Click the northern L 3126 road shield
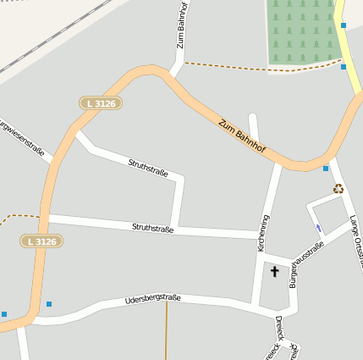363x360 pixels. point(101,103)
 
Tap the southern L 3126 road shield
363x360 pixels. point(41,241)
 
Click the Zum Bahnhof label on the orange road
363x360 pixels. point(242,136)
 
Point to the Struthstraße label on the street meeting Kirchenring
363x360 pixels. point(153,228)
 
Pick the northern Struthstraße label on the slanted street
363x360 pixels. point(148,167)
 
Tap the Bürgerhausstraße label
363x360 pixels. point(306,265)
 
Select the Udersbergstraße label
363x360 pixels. point(153,299)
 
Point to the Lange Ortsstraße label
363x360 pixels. point(356,241)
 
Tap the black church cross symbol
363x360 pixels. point(274,271)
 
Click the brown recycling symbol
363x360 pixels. point(338,189)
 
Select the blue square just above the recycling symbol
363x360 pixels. point(326,169)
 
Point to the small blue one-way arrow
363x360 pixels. point(318,228)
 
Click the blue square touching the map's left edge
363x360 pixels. point(3,314)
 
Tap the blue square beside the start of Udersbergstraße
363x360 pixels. point(49,303)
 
